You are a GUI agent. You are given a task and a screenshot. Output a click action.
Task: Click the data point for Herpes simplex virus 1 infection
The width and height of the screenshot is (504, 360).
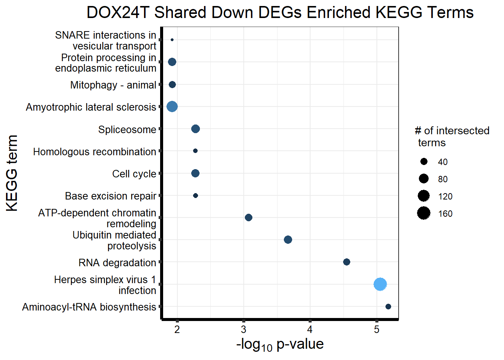pyautogui.click(x=380, y=284)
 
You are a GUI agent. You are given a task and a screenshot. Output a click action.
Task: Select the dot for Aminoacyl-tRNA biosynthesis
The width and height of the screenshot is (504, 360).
pyautogui.click(x=388, y=307)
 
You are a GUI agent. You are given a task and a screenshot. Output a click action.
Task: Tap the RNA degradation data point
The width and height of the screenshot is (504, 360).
pyautogui.click(x=346, y=262)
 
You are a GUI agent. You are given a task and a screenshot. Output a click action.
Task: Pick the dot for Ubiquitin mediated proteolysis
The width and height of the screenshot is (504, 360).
pyautogui.click(x=288, y=240)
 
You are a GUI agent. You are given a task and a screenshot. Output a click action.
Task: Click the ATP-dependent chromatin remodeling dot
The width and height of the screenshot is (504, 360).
pyautogui.click(x=248, y=217)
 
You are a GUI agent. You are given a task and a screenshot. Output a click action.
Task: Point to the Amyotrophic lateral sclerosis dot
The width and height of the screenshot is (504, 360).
pyautogui.click(x=172, y=106)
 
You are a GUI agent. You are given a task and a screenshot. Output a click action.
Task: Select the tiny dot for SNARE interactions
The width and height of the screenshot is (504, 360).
pyautogui.click(x=172, y=40)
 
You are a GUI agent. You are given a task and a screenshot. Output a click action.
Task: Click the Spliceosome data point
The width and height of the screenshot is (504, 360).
pyautogui.click(x=195, y=129)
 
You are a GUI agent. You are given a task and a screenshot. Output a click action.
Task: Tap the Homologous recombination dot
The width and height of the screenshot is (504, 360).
pyautogui.click(x=195, y=151)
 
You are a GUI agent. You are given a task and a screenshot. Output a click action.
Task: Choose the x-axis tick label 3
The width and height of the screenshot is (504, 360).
pyautogui.click(x=243, y=330)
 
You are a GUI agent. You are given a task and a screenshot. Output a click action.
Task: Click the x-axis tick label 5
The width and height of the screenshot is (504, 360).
pyautogui.click(x=376, y=330)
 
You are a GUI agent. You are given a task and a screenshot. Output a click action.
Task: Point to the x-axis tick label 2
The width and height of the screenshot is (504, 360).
pyautogui.click(x=177, y=330)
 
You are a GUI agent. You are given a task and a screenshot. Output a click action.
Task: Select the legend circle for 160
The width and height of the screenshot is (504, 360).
pyautogui.click(x=424, y=213)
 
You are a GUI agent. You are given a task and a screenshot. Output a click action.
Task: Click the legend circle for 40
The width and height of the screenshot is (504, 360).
pyautogui.click(x=424, y=162)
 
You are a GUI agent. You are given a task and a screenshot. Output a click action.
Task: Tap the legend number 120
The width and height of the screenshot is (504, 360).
pyautogui.click(x=445, y=196)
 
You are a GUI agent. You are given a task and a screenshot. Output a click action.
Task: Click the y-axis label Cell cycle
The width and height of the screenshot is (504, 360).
pyautogui.click(x=134, y=174)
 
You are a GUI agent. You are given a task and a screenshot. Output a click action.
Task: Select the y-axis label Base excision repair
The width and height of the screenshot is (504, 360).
pyautogui.click(x=110, y=196)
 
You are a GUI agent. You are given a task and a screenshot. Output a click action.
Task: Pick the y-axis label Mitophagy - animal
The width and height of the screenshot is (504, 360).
pyautogui.click(x=113, y=85)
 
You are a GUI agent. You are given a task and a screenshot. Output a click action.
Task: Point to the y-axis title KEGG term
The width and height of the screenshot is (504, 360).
pyautogui.click(x=12, y=173)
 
